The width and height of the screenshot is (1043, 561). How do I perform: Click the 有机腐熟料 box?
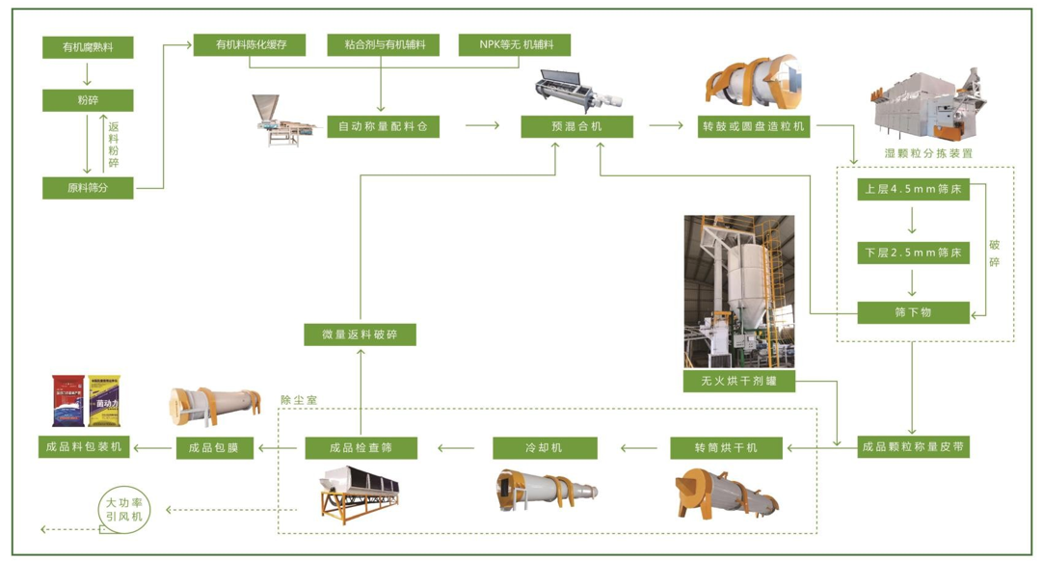(88, 47)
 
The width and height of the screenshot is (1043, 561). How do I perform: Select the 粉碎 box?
(88, 100)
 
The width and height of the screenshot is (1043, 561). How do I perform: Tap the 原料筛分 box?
(88, 188)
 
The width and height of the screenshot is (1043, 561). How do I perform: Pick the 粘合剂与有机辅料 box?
(384, 44)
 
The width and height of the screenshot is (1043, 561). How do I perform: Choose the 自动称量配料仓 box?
(383, 126)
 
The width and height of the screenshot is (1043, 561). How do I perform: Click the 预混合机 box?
(577, 126)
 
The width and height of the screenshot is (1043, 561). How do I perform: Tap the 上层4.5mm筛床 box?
(913, 190)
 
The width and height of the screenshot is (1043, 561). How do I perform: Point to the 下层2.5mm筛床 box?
(913, 253)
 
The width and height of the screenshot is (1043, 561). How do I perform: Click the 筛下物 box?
(913, 311)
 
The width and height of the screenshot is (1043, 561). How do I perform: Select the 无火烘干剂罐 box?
(739, 381)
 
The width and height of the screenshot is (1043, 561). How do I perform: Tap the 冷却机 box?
(545, 447)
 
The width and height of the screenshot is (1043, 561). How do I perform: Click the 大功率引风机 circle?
(124, 509)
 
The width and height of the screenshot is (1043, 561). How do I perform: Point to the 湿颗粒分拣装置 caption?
(928, 153)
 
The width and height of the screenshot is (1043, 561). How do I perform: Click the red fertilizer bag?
(66, 401)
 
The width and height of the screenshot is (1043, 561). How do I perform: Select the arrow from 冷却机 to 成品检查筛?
(456, 447)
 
